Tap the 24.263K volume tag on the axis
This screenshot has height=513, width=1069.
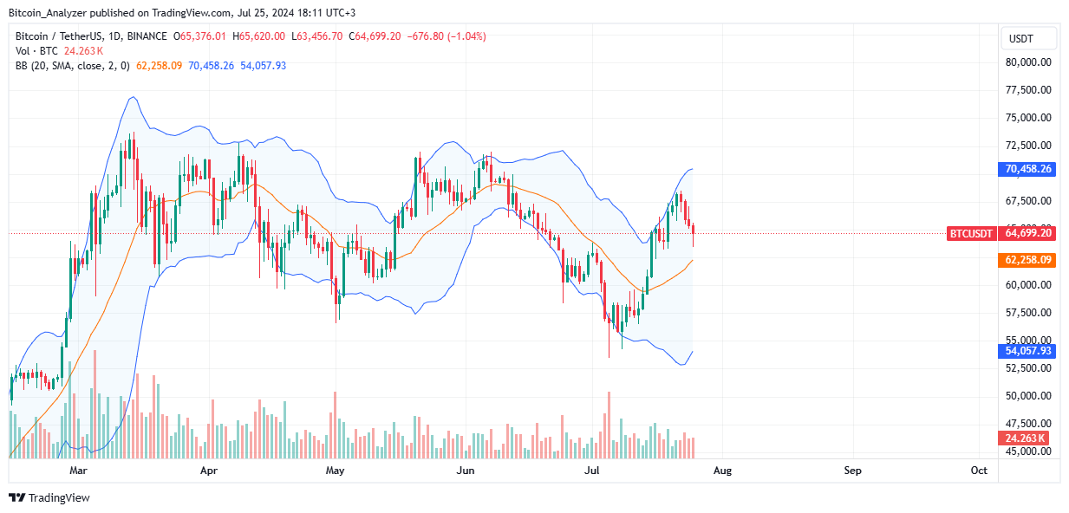(1027, 438)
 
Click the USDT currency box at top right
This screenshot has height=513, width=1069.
(1029, 38)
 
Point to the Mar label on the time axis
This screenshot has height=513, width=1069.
(79, 471)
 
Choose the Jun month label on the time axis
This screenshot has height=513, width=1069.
(466, 471)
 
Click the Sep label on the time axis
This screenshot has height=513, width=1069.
(852, 471)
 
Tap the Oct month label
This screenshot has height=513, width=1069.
(979, 471)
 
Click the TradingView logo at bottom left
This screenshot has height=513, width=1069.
(49, 497)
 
